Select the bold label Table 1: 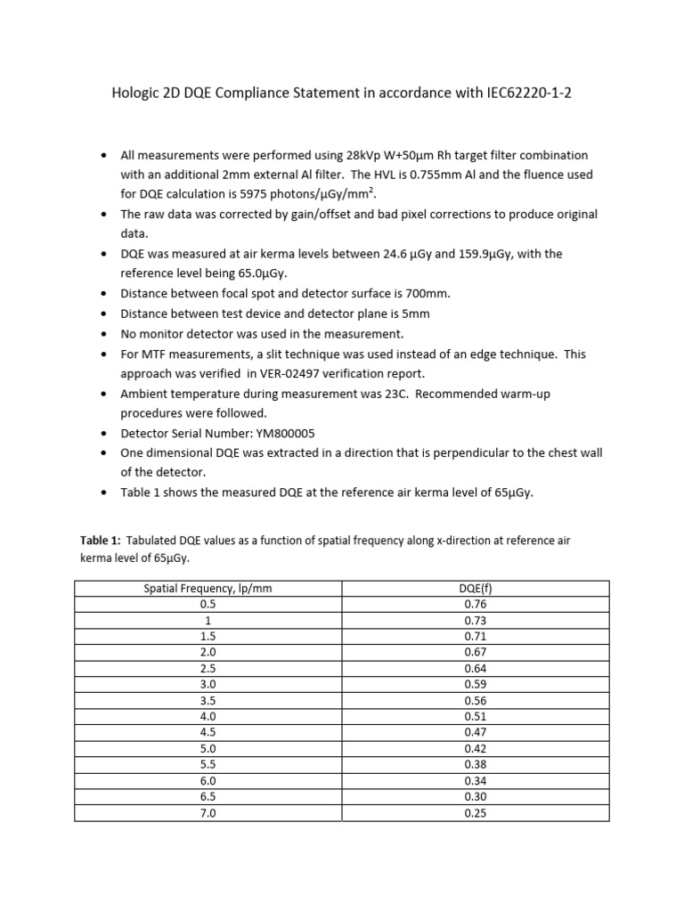[100, 540]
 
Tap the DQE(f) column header [476, 588]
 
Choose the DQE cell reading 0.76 [476, 603]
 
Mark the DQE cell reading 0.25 [476, 813]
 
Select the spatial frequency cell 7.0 [208, 813]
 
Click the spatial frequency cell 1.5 [208, 635]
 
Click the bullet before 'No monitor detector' [105, 334]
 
